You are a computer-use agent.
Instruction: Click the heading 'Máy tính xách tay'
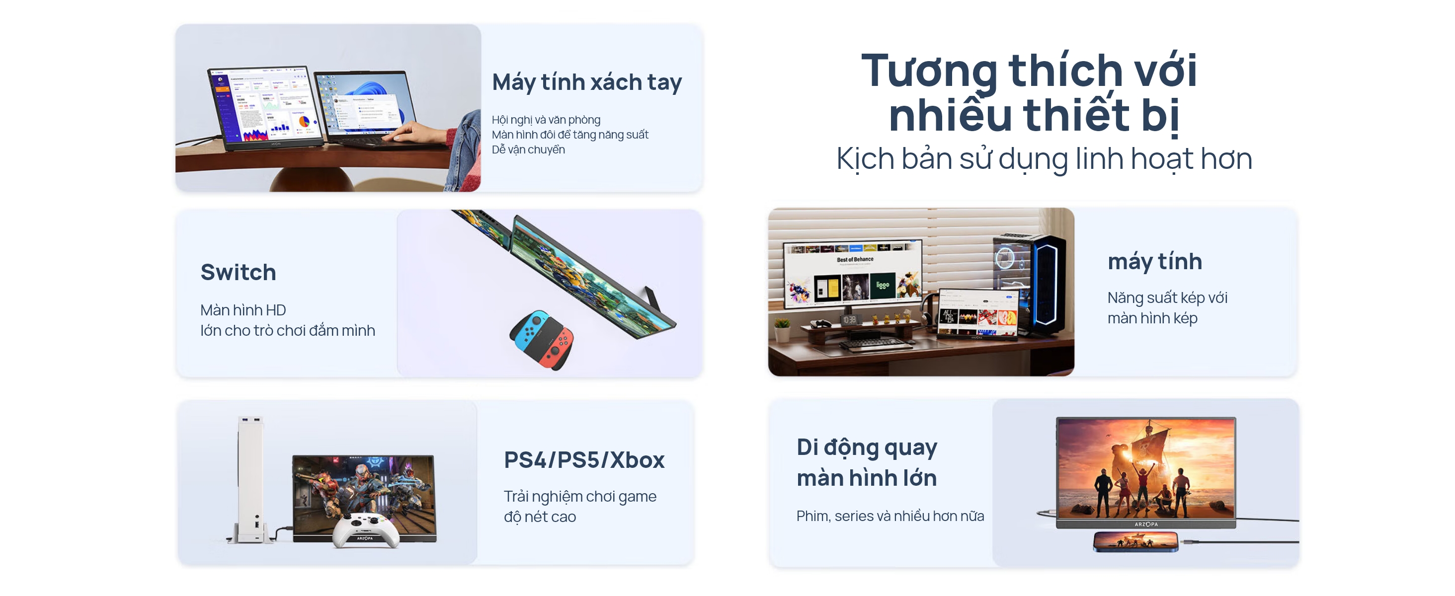(x=587, y=82)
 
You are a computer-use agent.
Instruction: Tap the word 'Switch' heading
(x=239, y=273)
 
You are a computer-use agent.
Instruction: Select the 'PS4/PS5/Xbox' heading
(x=584, y=460)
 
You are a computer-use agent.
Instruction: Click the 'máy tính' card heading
(x=1154, y=261)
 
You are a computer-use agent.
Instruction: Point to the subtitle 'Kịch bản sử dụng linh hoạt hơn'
(x=1044, y=159)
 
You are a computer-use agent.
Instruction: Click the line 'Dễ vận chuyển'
(x=528, y=149)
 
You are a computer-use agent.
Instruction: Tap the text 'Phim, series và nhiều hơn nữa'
(x=890, y=516)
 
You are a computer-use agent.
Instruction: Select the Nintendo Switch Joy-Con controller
(x=542, y=339)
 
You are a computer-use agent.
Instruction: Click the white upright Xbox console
(x=251, y=480)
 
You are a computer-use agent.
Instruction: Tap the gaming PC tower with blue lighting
(x=1029, y=285)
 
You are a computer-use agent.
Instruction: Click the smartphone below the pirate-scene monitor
(x=1135, y=541)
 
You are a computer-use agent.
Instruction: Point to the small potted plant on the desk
(x=782, y=330)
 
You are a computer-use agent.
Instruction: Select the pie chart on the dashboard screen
(x=303, y=121)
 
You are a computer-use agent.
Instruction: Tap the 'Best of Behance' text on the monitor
(x=855, y=260)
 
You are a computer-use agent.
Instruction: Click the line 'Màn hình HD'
(x=243, y=310)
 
